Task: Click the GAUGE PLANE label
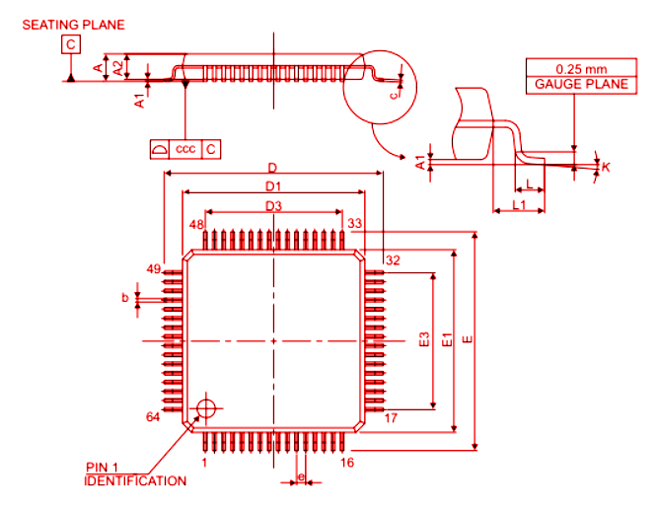point(581,85)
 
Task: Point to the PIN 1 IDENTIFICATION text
point(135,474)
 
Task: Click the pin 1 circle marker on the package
point(205,408)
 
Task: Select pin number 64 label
point(153,417)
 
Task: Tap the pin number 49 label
point(153,268)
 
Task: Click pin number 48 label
point(197,225)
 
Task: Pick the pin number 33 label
point(355,224)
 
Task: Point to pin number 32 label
point(393,260)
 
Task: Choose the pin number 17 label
point(391,417)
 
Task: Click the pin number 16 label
point(347,462)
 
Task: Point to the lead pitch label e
point(300,477)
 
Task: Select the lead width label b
point(123,296)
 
